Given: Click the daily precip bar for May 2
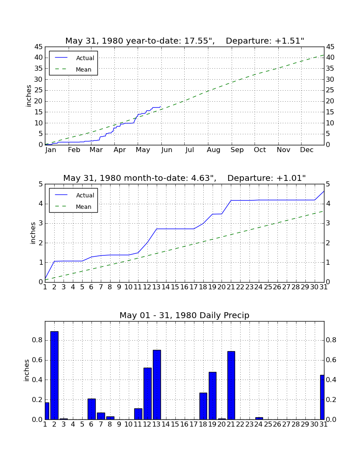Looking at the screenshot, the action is tap(54, 375).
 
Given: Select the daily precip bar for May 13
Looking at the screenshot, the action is tap(157, 385).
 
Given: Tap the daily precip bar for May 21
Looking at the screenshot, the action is tap(231, 386).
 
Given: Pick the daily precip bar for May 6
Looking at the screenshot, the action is tap(91, 409).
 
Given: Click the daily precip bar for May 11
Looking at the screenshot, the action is tap(138, 414).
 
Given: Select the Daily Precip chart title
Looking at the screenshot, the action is tap(185, 315).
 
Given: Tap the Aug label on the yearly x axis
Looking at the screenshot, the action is tap(213, 150).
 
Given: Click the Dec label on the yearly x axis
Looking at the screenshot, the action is tap(307, 150).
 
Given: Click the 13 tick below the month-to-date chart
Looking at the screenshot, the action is tap(157, 287).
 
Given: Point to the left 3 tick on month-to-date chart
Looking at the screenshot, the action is tap(41, 224).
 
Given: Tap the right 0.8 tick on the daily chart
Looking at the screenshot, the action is tap(331, 340).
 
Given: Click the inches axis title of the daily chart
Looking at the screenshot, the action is tap(27, 370).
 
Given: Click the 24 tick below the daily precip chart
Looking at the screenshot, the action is tap(259, 424).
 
